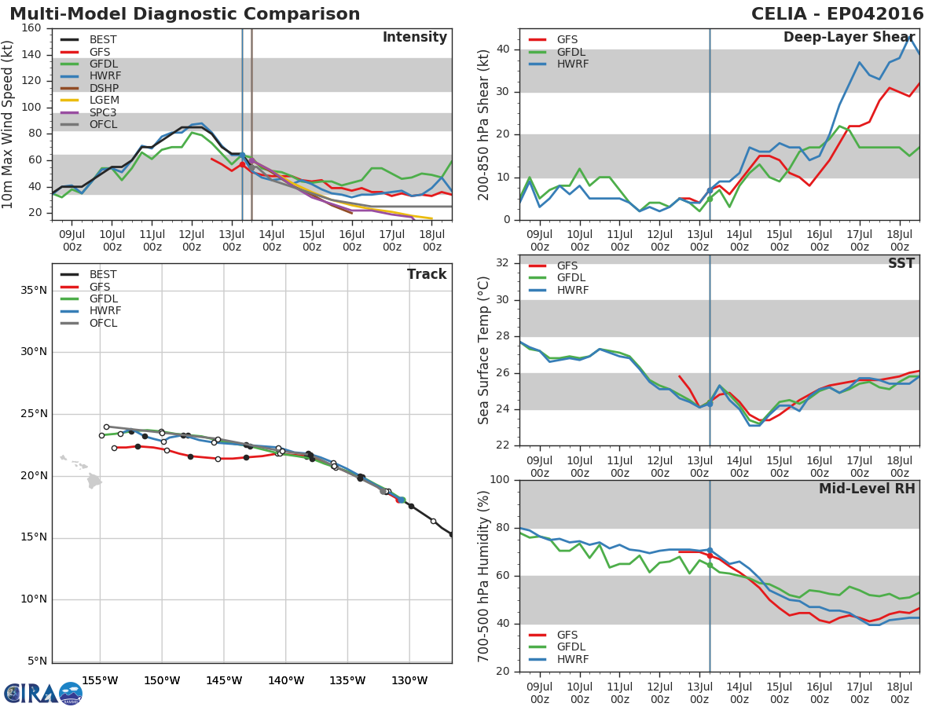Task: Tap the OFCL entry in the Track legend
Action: (x=103, y=324)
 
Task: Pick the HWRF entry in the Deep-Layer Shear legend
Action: (x=571, y=64)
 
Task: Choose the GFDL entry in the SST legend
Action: (x=572, y=278)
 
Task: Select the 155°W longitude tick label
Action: (x=100, y=680)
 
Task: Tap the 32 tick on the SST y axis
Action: (x=503, y=263)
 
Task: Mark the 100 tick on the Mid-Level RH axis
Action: (x=500, y=480)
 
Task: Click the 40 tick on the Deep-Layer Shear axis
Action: (x=503, y=49)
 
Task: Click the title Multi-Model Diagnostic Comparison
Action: (x=185, y=14)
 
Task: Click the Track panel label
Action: (x=426, y=274)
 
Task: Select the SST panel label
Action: (x=901, y=264)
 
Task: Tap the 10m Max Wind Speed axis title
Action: (x=9, y=124)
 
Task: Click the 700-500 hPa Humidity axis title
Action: (x=484, y=576)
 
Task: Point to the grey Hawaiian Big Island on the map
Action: (x=94, y=480)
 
